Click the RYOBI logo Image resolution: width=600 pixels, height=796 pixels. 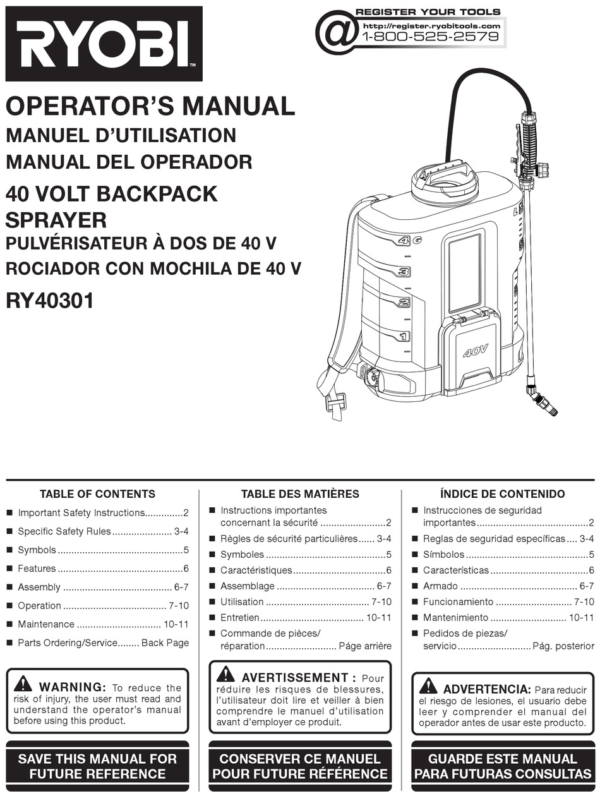[x=104, y=44]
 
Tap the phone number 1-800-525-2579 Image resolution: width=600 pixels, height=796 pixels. [x=431, y=37]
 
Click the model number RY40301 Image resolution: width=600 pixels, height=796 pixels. [x=50, y=300]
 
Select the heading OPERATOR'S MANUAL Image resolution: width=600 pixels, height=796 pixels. [x=150, y=106]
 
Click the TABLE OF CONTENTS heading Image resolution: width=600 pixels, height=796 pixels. [x=97, y=494]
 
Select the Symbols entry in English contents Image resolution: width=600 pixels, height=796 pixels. [x=37, y=550]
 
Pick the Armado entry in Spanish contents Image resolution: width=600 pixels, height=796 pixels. [x=440, y=587]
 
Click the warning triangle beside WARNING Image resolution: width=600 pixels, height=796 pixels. [x=24, y=684]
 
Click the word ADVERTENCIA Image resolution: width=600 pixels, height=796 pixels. [x=486, y=689]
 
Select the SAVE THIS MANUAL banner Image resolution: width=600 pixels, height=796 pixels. [x=97, y=766]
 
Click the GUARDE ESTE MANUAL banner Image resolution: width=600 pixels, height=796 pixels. [x=503, y=766]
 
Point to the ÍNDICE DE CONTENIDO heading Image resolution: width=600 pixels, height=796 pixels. [x=503, y=494]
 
